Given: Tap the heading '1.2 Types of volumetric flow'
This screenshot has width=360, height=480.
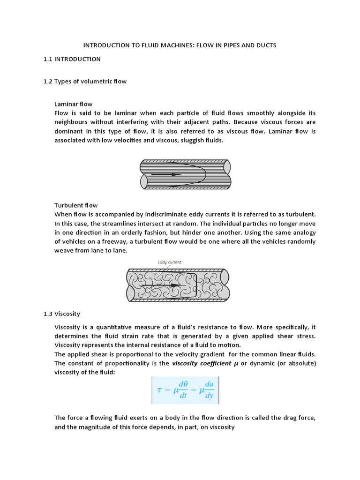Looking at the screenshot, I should tap(85, 81).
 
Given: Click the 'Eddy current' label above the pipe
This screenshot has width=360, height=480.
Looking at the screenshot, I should tap(170, 262).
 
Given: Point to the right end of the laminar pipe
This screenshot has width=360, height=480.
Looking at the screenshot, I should tap(227, 174).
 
